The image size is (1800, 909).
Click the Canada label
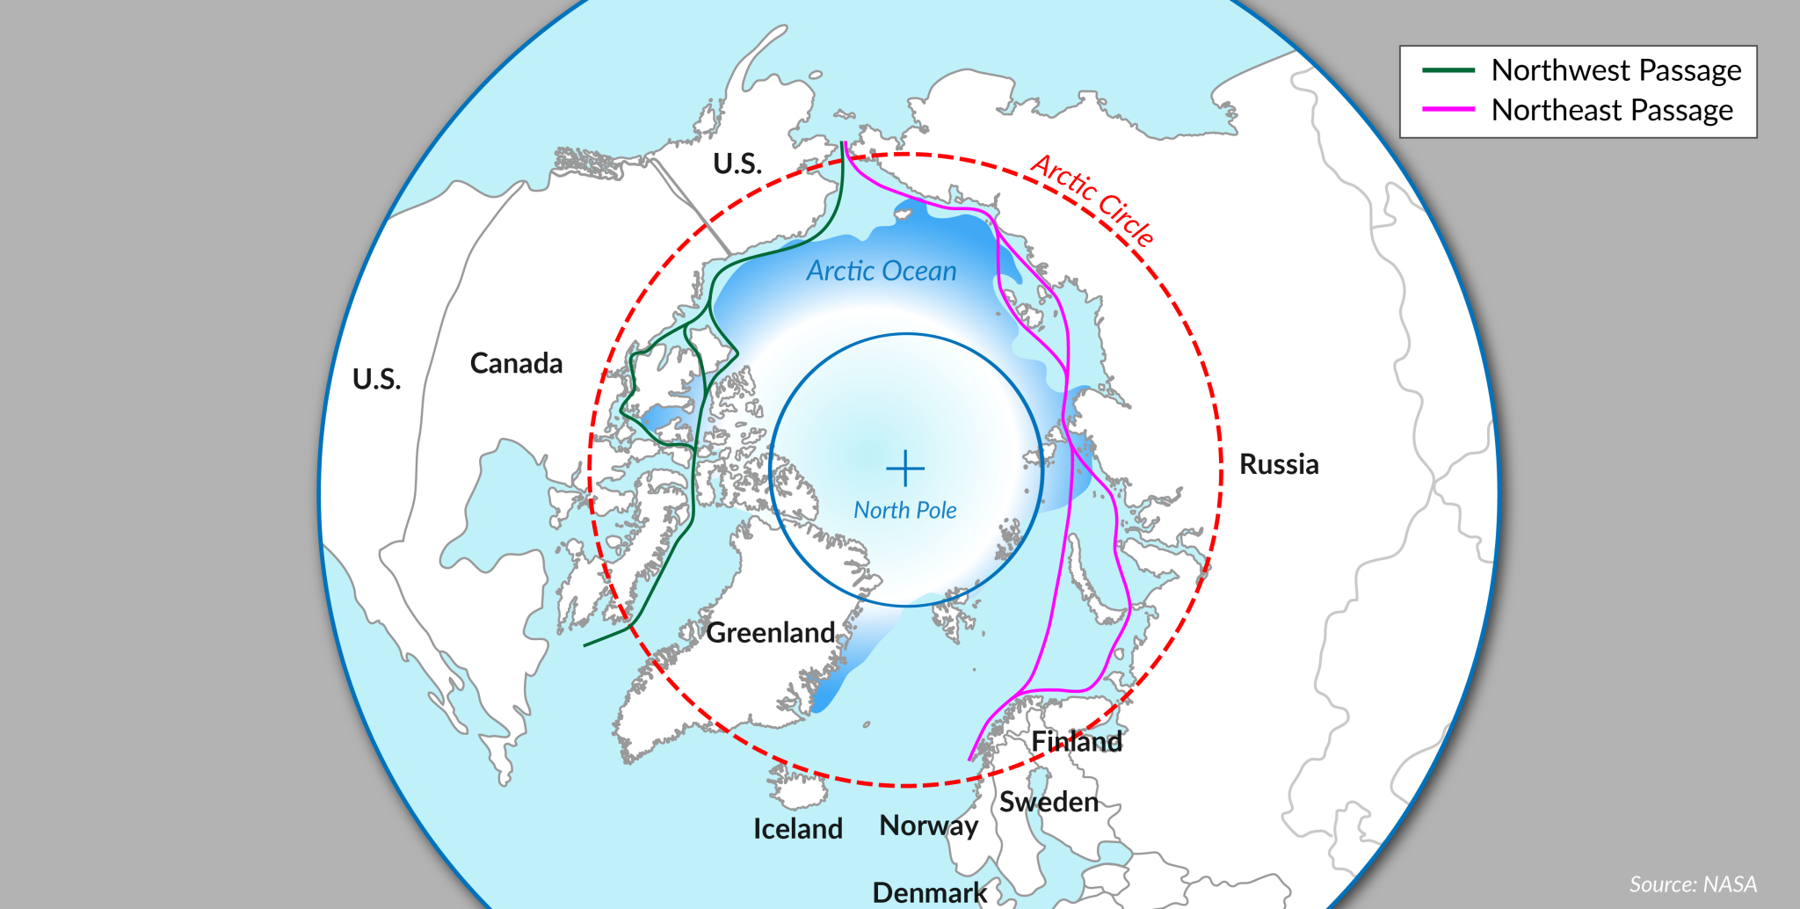[x=516, y=363]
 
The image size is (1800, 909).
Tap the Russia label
[x=1279, y=464]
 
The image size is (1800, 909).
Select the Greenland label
[x=771, y=632]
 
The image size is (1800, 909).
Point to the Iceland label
[x=797, y=828]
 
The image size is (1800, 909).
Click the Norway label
[x=928, y=825]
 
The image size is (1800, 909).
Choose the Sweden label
[x=1049, y=802]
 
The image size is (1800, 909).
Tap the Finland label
[x=1077, y=741]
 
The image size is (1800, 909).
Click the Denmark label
[x=929, y=892]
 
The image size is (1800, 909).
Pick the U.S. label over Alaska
[x=737, y=164]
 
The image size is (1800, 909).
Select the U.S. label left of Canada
[x=376, y=379]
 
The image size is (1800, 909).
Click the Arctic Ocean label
[x=882, y=271]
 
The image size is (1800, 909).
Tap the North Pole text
[x=905, y=510]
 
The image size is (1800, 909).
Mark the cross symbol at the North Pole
[x=905, y=469]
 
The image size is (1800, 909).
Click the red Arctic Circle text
[x=1092, y=200]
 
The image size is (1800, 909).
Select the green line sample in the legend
[x=1448, y=70]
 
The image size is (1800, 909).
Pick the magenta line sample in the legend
[x=1448, y=110]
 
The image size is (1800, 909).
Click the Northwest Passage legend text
[x=1615, y=70]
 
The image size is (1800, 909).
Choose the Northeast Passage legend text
[x=1612, y=111]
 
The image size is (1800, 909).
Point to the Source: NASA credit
[x=1693, y=884]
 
